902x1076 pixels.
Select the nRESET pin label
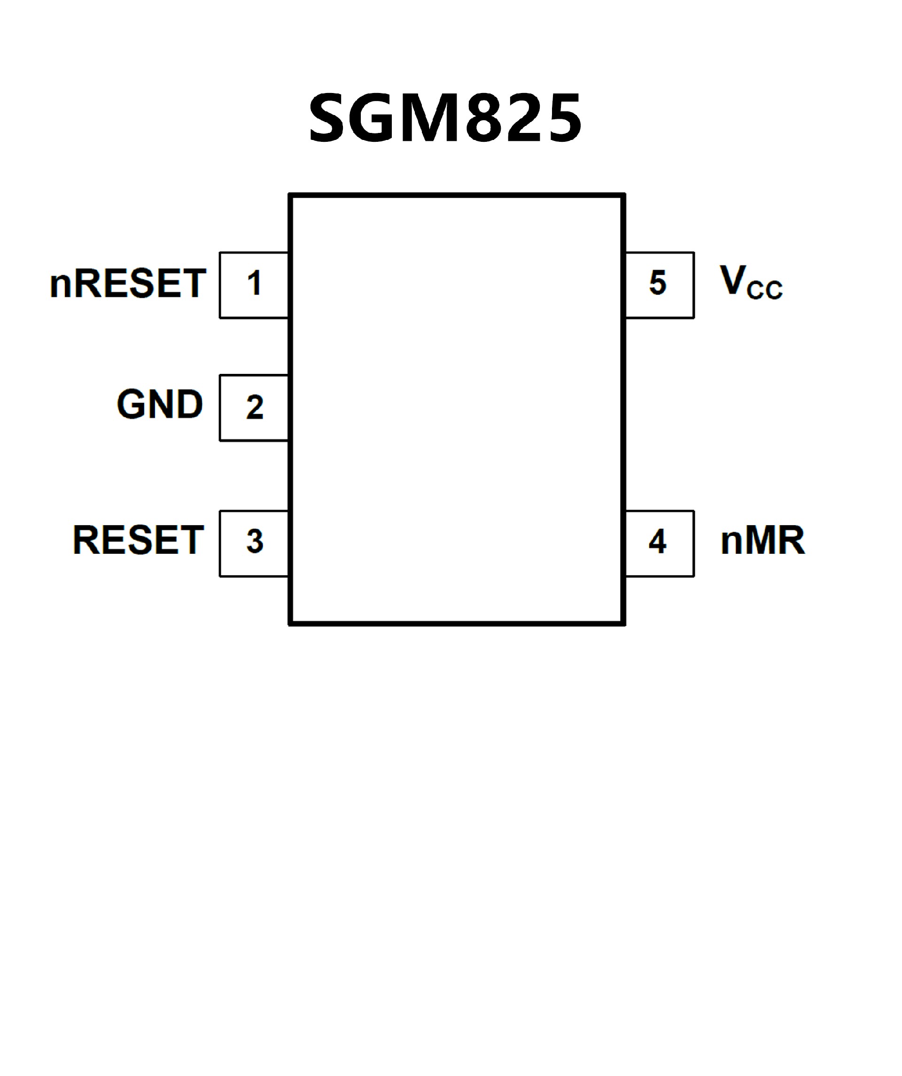coord(128,283)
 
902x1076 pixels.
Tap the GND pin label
coord(160,404)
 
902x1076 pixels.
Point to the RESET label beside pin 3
coord(139,540)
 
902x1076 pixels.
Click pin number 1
coord(254,283)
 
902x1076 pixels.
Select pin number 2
coord(255,407)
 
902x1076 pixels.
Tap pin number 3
coord(255,541)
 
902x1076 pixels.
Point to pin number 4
coord(658,541)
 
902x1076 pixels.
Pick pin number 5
coord(658,283)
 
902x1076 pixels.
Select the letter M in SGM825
coord(429,118)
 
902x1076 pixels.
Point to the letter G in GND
coord(130,404)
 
